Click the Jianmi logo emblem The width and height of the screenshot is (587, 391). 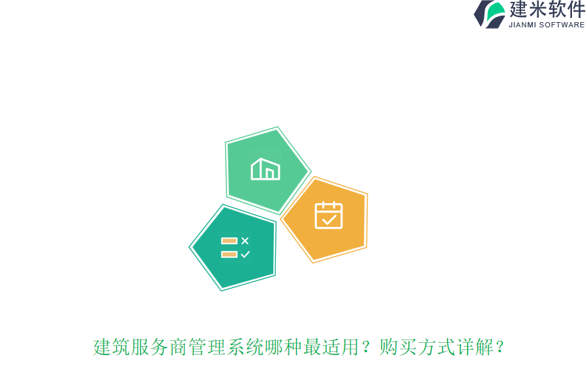pyautogui.click(x=489, y=14)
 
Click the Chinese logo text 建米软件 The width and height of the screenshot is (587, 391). pyautogui.click(x=547, y=10)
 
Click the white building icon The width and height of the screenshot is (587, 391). pyautogui.click(x=265, y=169)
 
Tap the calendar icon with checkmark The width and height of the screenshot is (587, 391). pyautogui.click(x=329, y=215)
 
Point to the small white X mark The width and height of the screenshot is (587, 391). pyautogui.click(x=245, y=240)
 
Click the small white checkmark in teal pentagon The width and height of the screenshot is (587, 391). pyautogui.click(x=245, y=254)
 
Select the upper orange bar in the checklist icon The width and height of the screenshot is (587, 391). pyautogui.click(x=229, y=240)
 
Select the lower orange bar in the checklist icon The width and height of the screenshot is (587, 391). pyautogui.click(x=229, y=254)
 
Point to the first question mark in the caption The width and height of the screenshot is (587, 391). pyautogui.click(x=367, y=347)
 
